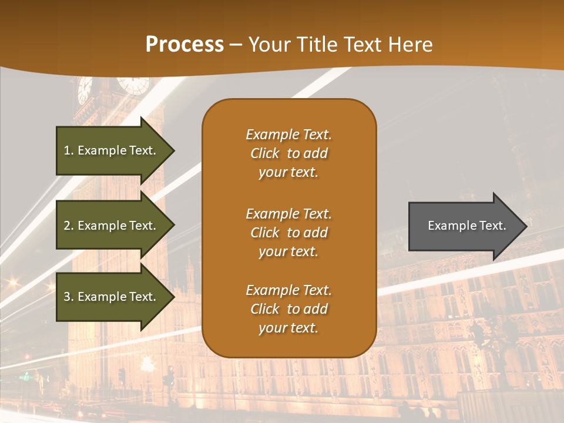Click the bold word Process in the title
[x=184, y=45]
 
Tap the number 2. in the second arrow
[x=69, y=226]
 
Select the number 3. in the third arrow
[x=69, y=297]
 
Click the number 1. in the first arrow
[x=69, y=150]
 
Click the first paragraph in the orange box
[x=288, y=153]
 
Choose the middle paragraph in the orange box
[x=288, y=233]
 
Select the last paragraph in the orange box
[x=288, y=309]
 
